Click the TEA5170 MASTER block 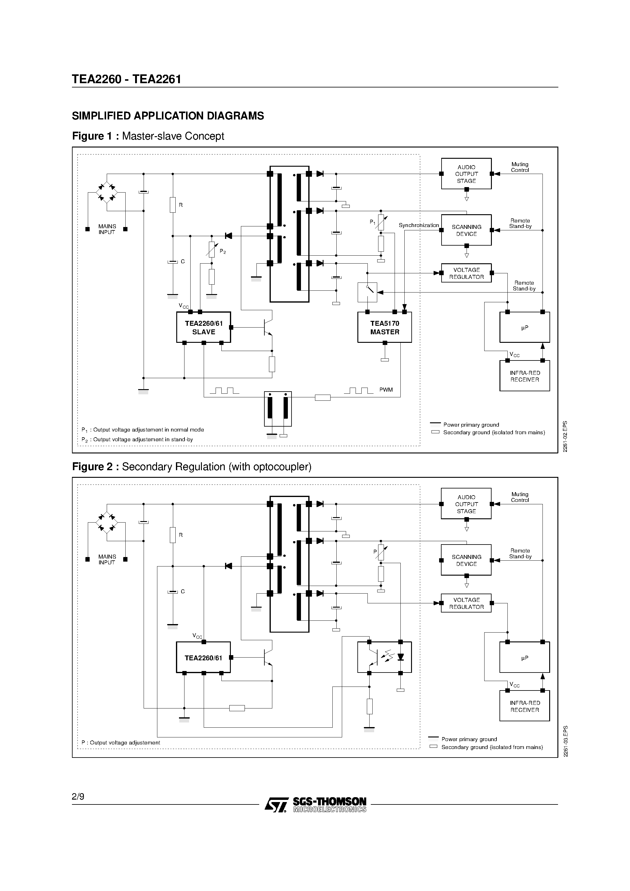385,327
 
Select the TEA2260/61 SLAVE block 203,327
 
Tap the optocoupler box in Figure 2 384,657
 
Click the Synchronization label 419,225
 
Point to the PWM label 386,390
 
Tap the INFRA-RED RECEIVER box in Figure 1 524,376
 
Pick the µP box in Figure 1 524,328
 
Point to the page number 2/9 78,797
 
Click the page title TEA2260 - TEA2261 127,79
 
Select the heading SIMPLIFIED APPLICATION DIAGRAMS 168,116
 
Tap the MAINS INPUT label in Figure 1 107,229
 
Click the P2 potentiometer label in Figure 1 223,251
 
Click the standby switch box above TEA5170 367,292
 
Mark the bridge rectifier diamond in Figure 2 107,522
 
